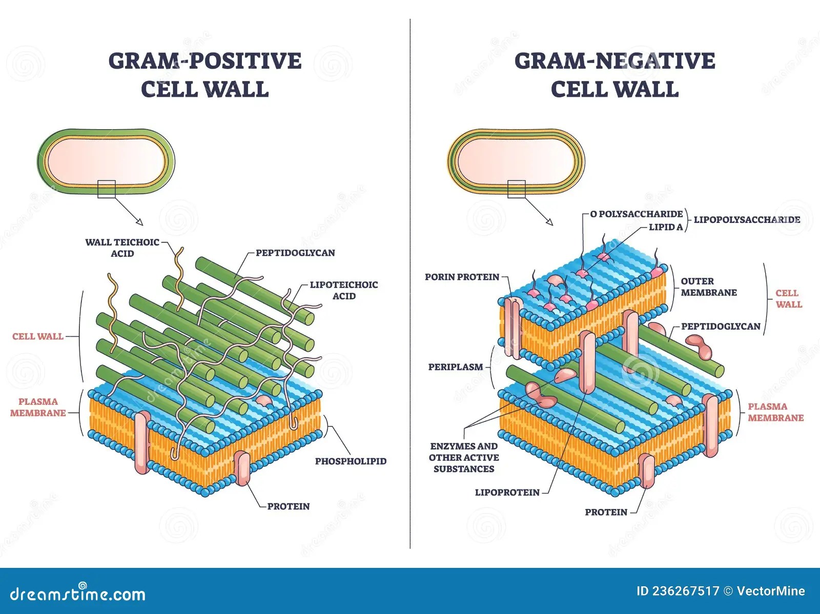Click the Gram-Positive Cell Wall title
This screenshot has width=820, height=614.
(x=205, y=75)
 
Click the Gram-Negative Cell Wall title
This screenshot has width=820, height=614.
(x=614, y=75)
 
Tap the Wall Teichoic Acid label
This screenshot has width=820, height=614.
(x=122, y=248)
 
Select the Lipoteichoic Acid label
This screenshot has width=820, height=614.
(x=344, y=290)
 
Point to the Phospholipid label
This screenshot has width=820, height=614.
(x=351, y=461)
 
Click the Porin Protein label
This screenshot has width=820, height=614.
(x=462, y=277)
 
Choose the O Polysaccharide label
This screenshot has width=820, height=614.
(x=637, y=214)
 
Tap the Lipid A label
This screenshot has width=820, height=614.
(x=666, y=227)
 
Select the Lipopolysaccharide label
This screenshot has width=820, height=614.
(x=747, y=220)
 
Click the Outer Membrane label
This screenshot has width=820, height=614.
(x=709, y=287)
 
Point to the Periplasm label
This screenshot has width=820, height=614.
(x=456, y=367)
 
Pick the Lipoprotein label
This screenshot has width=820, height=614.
(x=507, y=493)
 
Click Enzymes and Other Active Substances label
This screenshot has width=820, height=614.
(x=464, y=457)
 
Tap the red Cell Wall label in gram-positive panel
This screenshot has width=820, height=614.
(x=38, y=337)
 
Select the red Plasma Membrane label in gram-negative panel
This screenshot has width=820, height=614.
(x=775, y=412)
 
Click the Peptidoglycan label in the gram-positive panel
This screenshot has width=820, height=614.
(x=295, y=253)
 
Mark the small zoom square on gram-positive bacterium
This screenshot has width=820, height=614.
(x=107, y=189)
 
